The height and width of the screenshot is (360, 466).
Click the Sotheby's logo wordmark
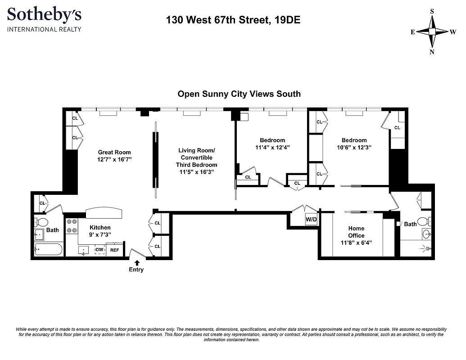pos(44,15)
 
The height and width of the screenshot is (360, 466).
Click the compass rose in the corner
pos(432,31)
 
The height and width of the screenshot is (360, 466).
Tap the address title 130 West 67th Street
pos(233,20)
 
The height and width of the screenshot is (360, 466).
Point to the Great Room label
pos(114,152)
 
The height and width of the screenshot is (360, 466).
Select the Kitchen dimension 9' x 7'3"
pos(100,234)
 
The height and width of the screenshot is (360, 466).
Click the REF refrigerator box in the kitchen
pos(115,250)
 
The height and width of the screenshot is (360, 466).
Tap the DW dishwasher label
pos(99,250)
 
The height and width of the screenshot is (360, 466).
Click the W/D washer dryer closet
pos(311,220)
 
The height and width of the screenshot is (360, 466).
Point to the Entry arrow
pos(136,262)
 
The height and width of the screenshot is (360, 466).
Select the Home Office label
pos(356,232)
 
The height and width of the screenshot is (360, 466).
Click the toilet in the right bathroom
pos(423,221)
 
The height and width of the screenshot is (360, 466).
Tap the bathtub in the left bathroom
pos(48,249)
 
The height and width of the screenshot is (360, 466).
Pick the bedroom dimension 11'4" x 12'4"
pos(272,147)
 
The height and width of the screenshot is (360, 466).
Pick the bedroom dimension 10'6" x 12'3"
pos(354,147)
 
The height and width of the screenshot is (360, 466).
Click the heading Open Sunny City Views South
pos(239,94)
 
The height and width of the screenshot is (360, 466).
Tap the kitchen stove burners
pos(71,226)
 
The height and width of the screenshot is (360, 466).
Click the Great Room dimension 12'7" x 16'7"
pos(114,159)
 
